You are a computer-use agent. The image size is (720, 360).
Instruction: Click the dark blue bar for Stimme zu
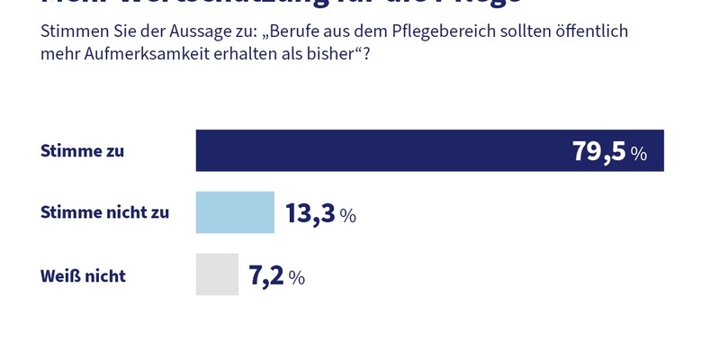(x=378, y=150)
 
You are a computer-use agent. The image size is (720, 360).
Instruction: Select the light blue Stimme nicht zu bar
(x=235, y=212)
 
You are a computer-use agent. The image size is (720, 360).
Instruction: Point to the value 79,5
(x=598, y=151)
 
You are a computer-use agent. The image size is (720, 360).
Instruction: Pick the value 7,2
(x=265, y=275)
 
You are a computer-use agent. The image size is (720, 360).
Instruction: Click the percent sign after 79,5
(x=638, y=154)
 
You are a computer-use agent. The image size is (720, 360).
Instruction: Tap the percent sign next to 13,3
(x=347, y=216)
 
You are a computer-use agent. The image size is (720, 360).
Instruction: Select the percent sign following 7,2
(x=296, y=278)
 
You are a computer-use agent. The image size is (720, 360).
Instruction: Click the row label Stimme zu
(x=83, y=151)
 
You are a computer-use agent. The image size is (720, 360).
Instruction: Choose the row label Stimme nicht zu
(x=104, y=213)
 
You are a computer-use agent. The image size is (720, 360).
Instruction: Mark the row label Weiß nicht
(x=83, y=275)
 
